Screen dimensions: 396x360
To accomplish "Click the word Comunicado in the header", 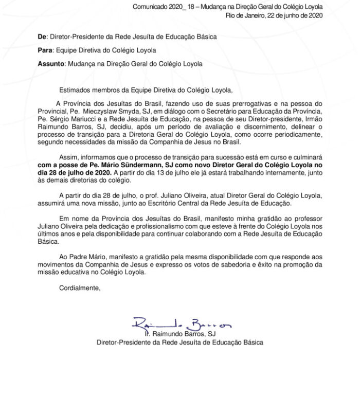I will click(x=149, y=7).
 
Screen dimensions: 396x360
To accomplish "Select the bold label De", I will click(x=42, y=37).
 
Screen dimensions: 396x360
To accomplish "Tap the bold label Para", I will click(x=45, y=50).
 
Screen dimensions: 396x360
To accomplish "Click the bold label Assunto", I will click(x=51, y=64).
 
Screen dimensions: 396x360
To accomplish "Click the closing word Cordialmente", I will click(x=80, y=288).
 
